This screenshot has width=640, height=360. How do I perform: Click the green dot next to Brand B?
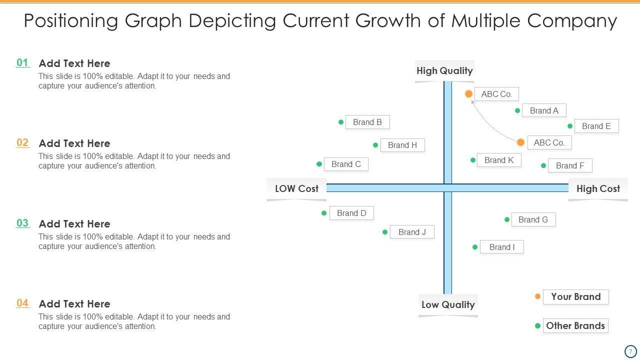(341, 122)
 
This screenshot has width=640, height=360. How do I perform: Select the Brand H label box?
(402, 145)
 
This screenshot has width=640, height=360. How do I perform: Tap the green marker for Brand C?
(319, 164)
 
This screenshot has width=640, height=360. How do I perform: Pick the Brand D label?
(351, 213)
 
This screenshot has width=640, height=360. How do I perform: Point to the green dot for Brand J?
(385, 232)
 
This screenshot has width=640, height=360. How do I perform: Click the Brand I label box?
(502, 247)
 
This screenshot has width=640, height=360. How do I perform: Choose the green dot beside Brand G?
(507, 219)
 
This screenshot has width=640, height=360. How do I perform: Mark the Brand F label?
(570, 165)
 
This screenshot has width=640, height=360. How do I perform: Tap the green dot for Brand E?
(570, 126)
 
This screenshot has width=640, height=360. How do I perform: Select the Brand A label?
(544, 110)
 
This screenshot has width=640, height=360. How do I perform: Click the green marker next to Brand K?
(473, 160)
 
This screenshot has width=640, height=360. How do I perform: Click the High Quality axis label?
(444, 70)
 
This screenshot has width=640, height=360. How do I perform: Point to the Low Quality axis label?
(448, 304)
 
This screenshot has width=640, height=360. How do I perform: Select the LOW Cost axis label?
(296, 188)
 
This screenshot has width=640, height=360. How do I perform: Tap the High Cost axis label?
(598, 188)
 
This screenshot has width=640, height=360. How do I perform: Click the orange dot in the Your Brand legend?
(538, 296)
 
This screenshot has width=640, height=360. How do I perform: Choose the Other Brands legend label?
(575, 325)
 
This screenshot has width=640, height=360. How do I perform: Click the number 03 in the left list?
(22, 223)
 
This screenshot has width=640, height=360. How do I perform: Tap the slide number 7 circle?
(630, 351)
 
